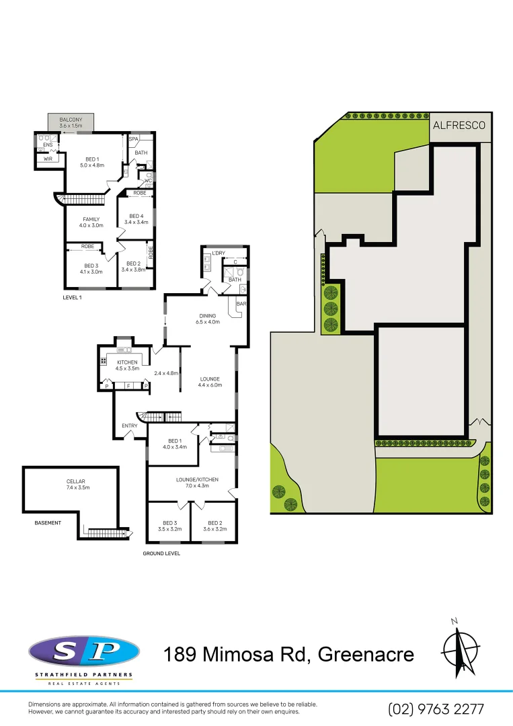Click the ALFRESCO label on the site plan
459,125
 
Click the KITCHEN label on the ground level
127,362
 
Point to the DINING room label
206,315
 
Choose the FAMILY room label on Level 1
91,219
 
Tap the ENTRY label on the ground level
130,426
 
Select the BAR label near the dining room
241,304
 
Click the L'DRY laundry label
218,253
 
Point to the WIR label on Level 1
48,159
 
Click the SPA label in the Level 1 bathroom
133,138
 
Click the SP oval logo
84,651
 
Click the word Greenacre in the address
366,653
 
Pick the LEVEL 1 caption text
72,297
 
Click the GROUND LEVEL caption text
161,554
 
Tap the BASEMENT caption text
48,522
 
